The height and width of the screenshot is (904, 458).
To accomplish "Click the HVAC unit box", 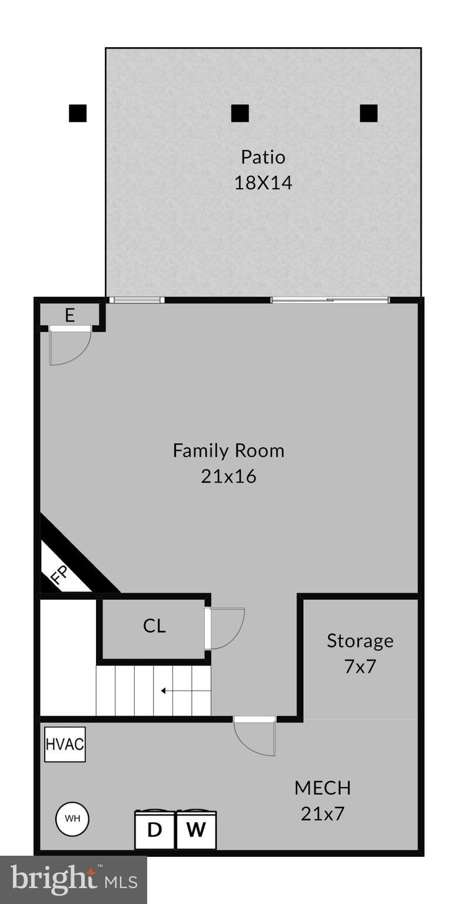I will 65,744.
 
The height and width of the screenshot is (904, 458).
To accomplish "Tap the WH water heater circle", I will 72,819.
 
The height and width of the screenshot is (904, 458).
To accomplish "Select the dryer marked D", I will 155,830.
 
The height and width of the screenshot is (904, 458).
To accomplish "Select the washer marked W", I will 196,830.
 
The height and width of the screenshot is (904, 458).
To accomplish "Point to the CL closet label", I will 154,626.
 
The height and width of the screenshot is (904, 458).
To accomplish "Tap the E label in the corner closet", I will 69,315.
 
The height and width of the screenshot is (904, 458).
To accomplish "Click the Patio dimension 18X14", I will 263,182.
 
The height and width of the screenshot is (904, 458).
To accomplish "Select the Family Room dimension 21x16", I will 228,476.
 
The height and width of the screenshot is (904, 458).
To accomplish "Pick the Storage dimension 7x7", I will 360,666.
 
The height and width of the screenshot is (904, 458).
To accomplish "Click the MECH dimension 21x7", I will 323,813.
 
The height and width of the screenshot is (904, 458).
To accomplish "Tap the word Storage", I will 360,640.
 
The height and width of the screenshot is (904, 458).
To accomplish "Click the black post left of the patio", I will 78,113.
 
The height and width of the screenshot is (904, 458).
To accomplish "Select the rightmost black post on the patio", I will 369,113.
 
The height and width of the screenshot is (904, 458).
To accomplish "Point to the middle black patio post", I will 240,113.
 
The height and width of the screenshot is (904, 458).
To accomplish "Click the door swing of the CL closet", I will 227,629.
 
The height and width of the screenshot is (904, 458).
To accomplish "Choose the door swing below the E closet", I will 69,346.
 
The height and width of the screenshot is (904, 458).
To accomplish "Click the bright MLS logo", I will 74,880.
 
